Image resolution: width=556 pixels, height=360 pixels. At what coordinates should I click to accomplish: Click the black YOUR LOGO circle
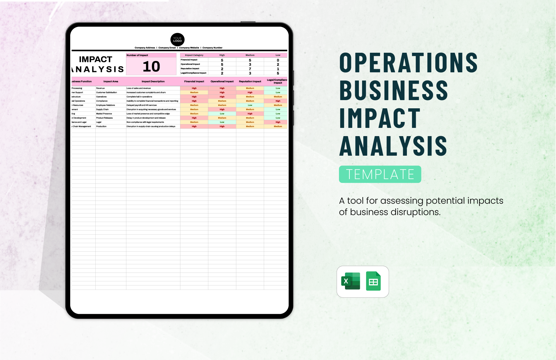tap(178, 39)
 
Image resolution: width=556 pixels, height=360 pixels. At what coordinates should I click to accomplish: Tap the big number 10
tap(151, 67)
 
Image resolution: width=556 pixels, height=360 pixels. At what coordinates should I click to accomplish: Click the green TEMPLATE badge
tap(380, 174)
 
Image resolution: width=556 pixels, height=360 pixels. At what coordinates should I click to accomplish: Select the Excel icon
tap(351, 281)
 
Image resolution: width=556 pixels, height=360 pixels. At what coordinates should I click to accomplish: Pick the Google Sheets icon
tap(373, 281)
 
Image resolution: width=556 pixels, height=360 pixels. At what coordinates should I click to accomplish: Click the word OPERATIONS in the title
tap(408, 63)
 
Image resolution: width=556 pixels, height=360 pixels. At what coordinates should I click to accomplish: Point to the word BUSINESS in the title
tap(394, 91)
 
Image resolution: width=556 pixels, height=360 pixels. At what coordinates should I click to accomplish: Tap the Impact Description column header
tap(153, 81)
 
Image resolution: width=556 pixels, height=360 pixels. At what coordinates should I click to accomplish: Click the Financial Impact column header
tap(194, 81)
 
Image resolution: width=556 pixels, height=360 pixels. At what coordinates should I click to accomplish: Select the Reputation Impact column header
tap(250, 81)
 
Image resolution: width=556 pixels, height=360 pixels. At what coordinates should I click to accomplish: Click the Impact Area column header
tap(111, 81)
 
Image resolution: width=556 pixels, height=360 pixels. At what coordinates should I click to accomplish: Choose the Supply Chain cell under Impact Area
tap(102, 110)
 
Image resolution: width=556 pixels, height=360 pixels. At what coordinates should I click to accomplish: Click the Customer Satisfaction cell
tap(106, 93)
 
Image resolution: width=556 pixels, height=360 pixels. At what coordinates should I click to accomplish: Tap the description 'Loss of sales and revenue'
tap(139, 88)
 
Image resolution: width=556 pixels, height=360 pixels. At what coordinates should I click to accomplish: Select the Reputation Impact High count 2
tap(222, 69)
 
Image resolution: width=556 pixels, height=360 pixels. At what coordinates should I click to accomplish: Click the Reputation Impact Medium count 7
tap(250, 69)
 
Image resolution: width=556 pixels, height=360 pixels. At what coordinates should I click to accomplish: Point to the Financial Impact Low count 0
tap(278, 60)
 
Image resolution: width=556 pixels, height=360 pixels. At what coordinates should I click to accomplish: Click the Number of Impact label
tap(137, 55)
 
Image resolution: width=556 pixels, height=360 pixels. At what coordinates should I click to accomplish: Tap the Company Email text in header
tap(167, 48)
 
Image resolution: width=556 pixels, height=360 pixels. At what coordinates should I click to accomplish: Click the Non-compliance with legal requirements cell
tap(145, 122)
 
